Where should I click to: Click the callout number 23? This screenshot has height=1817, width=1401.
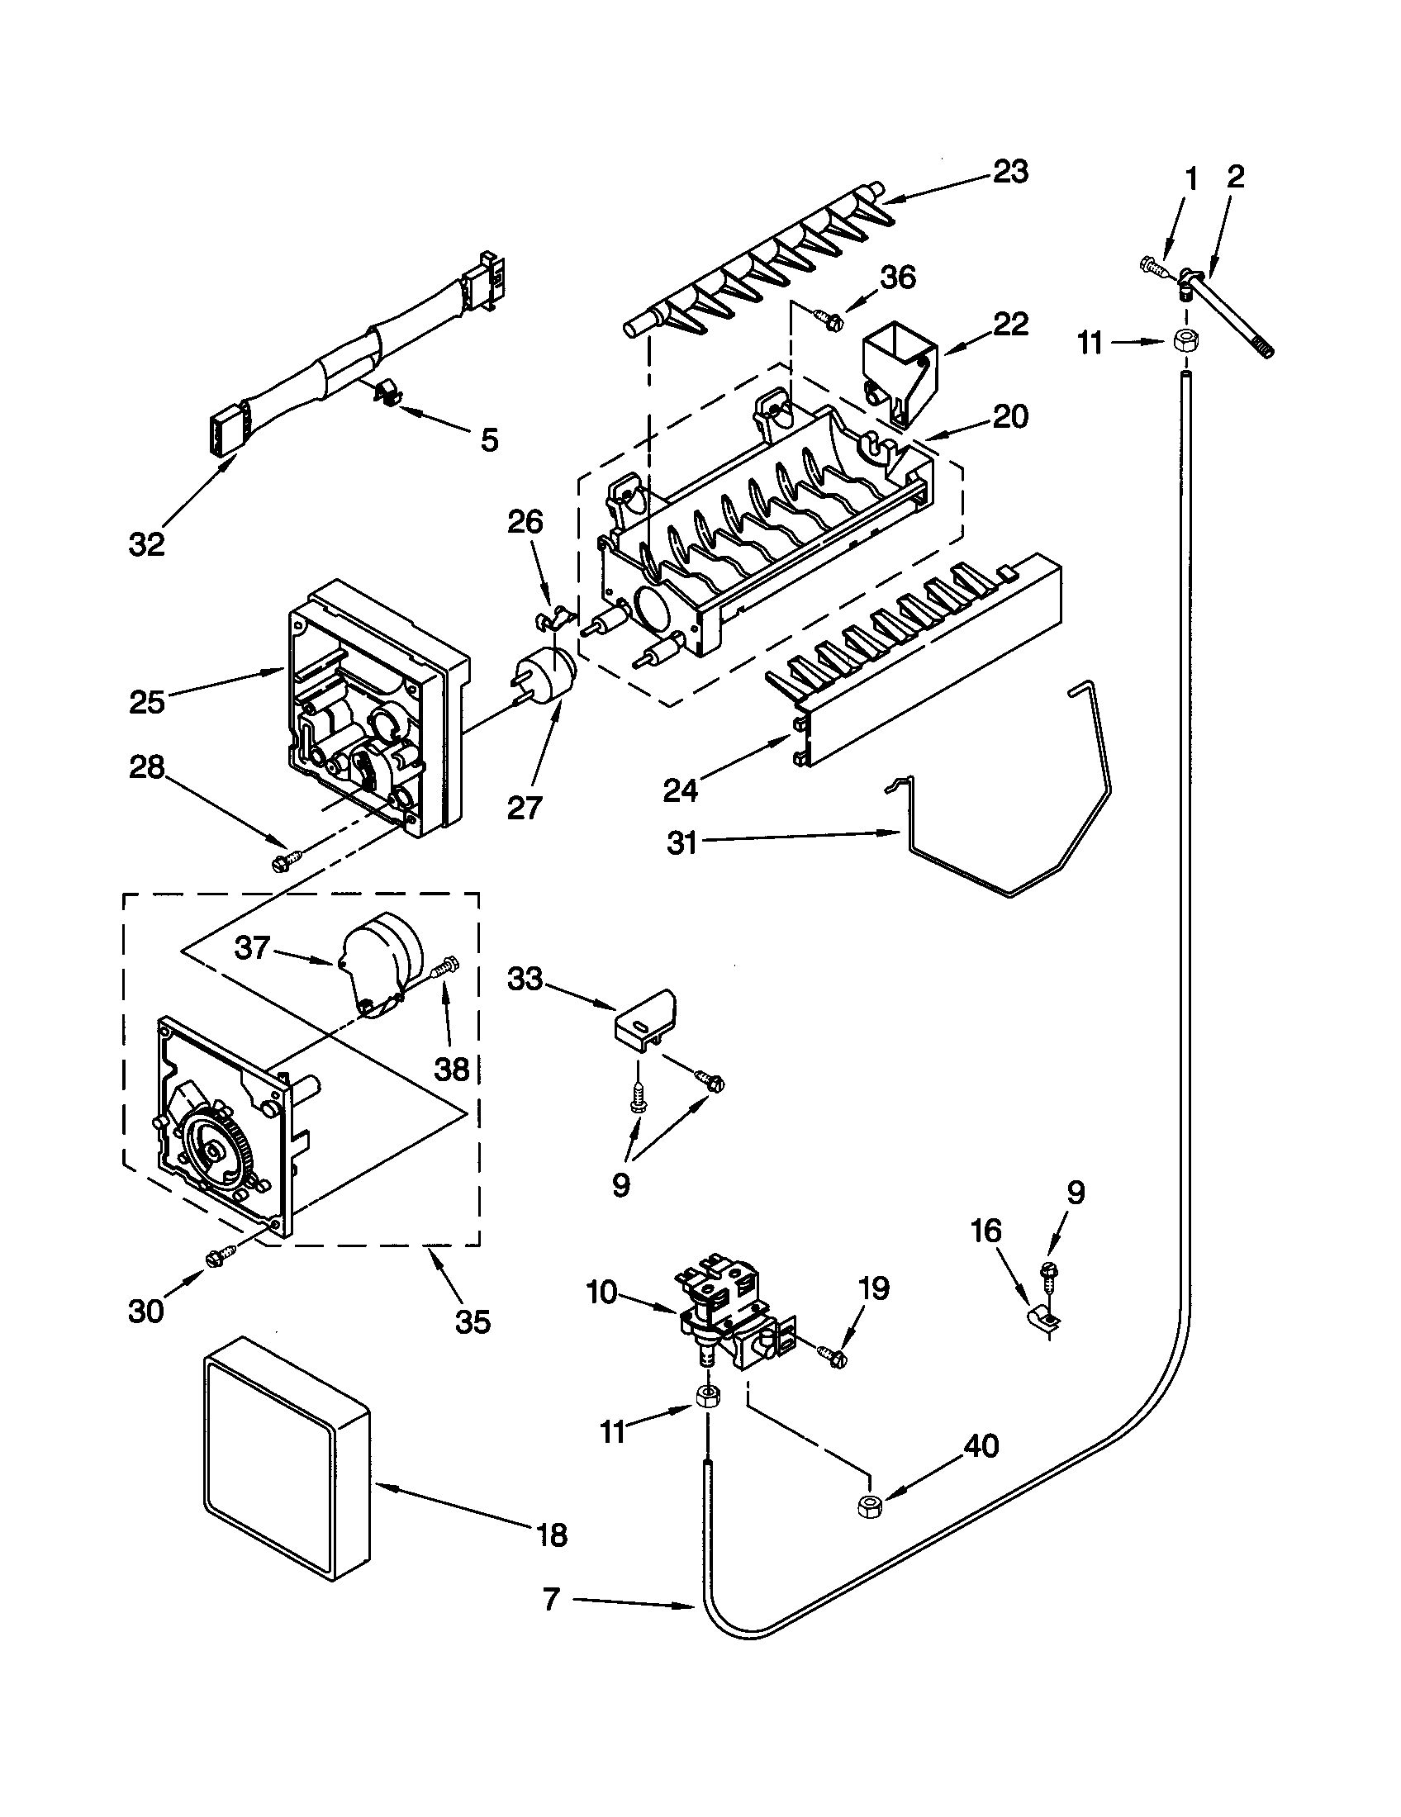pyautogui.click(x=1010, y=172)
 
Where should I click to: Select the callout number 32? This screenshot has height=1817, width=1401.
pyautogui.click(x=147, y=545)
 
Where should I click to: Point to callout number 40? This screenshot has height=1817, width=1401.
pyautogui.click(x=980, y=1446)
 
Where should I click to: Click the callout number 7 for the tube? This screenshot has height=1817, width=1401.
pyautogui.click(x=551, y=1599)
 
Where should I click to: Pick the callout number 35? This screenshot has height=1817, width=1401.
pyautogui.click(x=473, y=1321)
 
